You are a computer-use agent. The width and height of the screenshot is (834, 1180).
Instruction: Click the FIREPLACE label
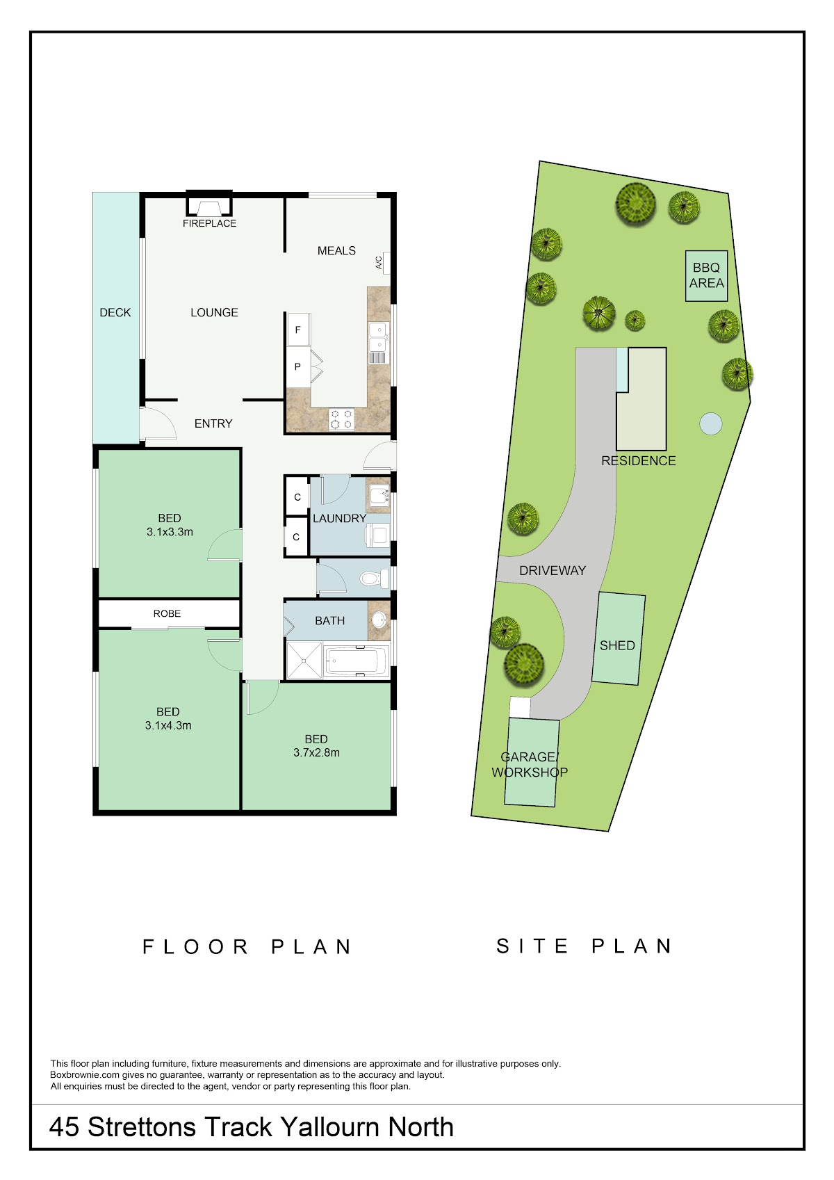[209, 223]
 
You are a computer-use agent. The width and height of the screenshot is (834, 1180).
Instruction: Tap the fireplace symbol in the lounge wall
[209, 203]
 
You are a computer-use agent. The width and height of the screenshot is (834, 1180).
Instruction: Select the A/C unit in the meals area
[386, 263]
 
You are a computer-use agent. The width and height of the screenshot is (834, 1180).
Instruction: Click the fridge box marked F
[298, 330]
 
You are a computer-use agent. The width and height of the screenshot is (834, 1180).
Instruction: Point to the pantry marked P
[298, 366]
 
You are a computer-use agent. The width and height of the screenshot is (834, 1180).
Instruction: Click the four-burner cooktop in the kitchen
[341, 419]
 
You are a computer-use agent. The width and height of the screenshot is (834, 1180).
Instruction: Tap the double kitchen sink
[378, 337]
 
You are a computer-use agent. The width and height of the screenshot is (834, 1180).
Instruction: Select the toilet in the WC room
[375, 579]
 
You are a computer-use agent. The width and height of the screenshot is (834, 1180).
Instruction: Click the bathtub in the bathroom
[357, 661]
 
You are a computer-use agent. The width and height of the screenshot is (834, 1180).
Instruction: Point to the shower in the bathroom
[304, 661]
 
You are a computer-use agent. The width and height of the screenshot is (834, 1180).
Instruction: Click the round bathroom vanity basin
[379, 620]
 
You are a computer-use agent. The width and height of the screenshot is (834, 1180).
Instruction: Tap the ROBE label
[167, 614]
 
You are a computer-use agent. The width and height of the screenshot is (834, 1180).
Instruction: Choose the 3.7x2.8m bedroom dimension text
[316, 753]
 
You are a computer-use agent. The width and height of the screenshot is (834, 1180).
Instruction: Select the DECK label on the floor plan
[115, 312]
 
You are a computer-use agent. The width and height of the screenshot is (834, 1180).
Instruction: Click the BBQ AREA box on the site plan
[707, 276]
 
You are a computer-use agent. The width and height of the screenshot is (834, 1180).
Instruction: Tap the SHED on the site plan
[619, 638]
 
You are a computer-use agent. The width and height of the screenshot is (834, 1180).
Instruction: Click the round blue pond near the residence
[711, 423]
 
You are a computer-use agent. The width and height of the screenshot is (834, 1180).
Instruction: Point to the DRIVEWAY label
[553, 570]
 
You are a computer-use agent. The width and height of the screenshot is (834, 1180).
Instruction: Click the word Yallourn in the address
[330, 1127]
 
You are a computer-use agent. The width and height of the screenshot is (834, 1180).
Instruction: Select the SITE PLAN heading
[584, 946]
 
